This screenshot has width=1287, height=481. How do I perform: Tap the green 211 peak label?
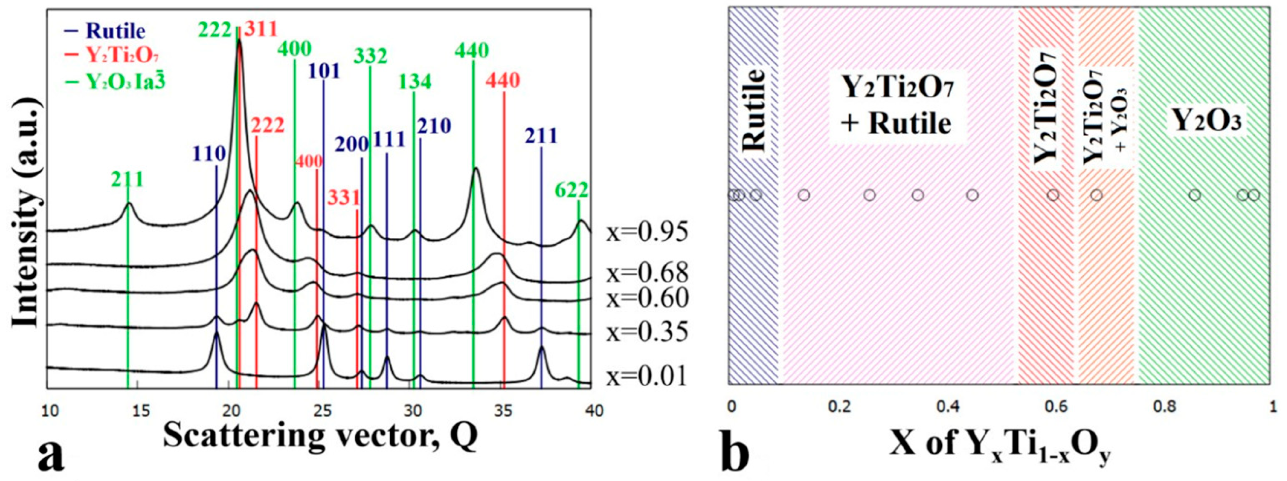(128, 179)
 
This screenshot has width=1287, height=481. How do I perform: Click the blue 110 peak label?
(209, 154)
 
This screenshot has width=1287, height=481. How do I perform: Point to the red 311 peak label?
(261, 29)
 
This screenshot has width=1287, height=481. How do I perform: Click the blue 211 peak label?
(541, 136)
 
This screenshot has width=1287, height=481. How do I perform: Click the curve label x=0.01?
(646, 376)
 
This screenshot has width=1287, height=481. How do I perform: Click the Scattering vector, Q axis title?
(320, 436)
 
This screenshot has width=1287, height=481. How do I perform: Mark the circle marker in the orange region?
(1097, 195)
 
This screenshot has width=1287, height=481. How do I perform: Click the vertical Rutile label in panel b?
(753, 111)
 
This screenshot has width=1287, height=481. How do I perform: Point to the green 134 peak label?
(415, 81)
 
